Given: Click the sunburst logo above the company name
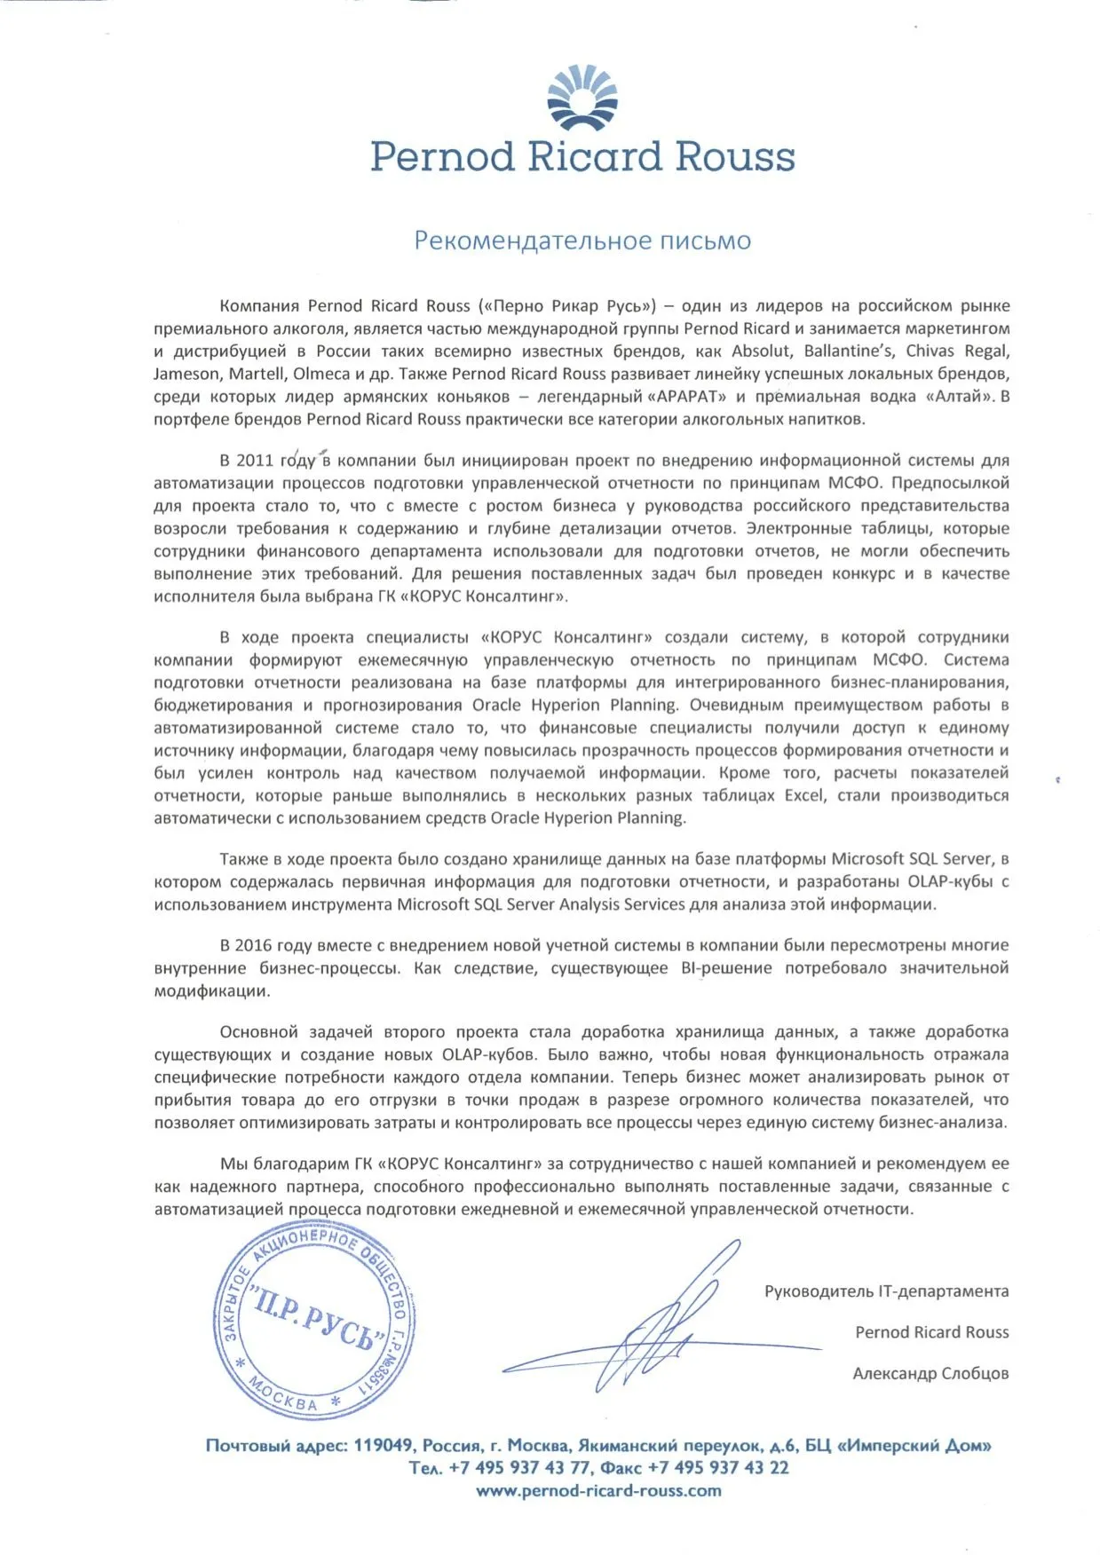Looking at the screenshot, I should (582, 97).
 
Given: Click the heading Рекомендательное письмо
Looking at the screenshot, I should (582, 241).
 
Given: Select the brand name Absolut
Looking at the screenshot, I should (761, 351).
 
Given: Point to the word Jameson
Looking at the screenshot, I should (186, 375).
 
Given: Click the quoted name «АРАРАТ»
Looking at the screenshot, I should (686, 397).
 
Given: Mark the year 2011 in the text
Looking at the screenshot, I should (255, 462).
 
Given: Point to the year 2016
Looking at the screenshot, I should (253, 946).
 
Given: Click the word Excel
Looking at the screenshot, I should (804, 796).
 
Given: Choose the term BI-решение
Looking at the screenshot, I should (726, 968).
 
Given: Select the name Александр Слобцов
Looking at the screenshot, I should (930, 1374).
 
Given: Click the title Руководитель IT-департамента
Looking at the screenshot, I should (886, 1292).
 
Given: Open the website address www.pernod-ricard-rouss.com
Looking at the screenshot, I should (598, 1491).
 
